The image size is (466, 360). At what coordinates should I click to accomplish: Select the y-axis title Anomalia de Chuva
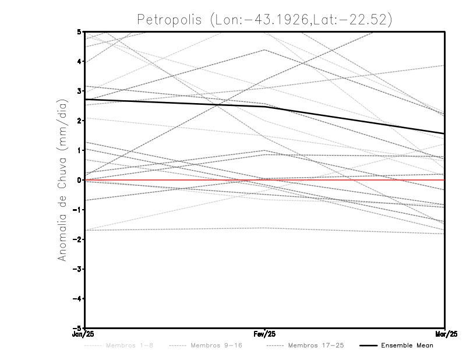coord(61,179)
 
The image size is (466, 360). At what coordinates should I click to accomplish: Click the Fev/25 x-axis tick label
coord(265,334)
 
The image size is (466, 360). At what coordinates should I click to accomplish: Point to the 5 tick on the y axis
coord(79,31)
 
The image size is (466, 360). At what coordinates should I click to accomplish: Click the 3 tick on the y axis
coord(79,91)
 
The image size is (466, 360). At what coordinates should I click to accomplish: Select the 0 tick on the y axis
coord(79,180)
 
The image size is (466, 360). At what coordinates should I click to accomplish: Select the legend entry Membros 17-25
coord(316,345)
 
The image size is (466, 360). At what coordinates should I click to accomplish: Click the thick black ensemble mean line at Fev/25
coord(265,107)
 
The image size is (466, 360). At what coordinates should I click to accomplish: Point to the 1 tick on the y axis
coord(79,150)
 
